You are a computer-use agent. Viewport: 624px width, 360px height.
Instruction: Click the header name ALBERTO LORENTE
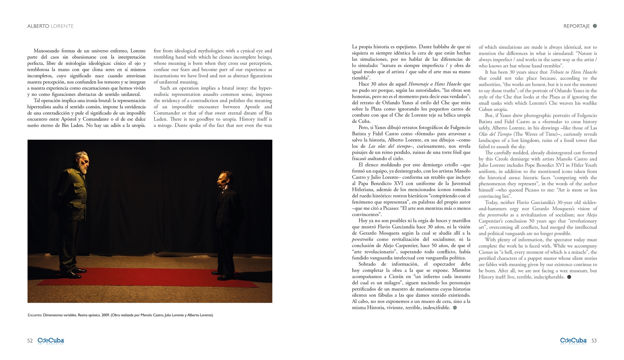[x=50, y=26]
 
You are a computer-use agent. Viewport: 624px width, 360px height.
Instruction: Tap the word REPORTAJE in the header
[x=576, y=26]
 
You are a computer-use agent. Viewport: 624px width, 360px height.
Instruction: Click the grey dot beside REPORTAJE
[x=595, y=26]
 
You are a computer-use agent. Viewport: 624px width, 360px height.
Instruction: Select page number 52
[x=30, y=341]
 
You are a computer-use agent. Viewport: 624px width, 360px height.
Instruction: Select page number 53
[x=594, y=341]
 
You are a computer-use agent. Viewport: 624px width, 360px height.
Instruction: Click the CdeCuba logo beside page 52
[x=51, y=341]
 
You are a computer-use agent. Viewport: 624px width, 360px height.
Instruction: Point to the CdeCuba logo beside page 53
[x=573, y=341]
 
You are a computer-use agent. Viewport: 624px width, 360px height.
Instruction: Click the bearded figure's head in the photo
[x=82, y=162]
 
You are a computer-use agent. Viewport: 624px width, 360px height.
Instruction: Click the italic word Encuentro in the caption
[x=35, y=315]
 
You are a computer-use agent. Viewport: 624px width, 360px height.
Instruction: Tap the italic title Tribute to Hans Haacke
[x=573, y=72]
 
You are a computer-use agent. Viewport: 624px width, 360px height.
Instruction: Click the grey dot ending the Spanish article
[x=455, y=308]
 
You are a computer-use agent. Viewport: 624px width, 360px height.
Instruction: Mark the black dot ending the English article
[x=569, y=277]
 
